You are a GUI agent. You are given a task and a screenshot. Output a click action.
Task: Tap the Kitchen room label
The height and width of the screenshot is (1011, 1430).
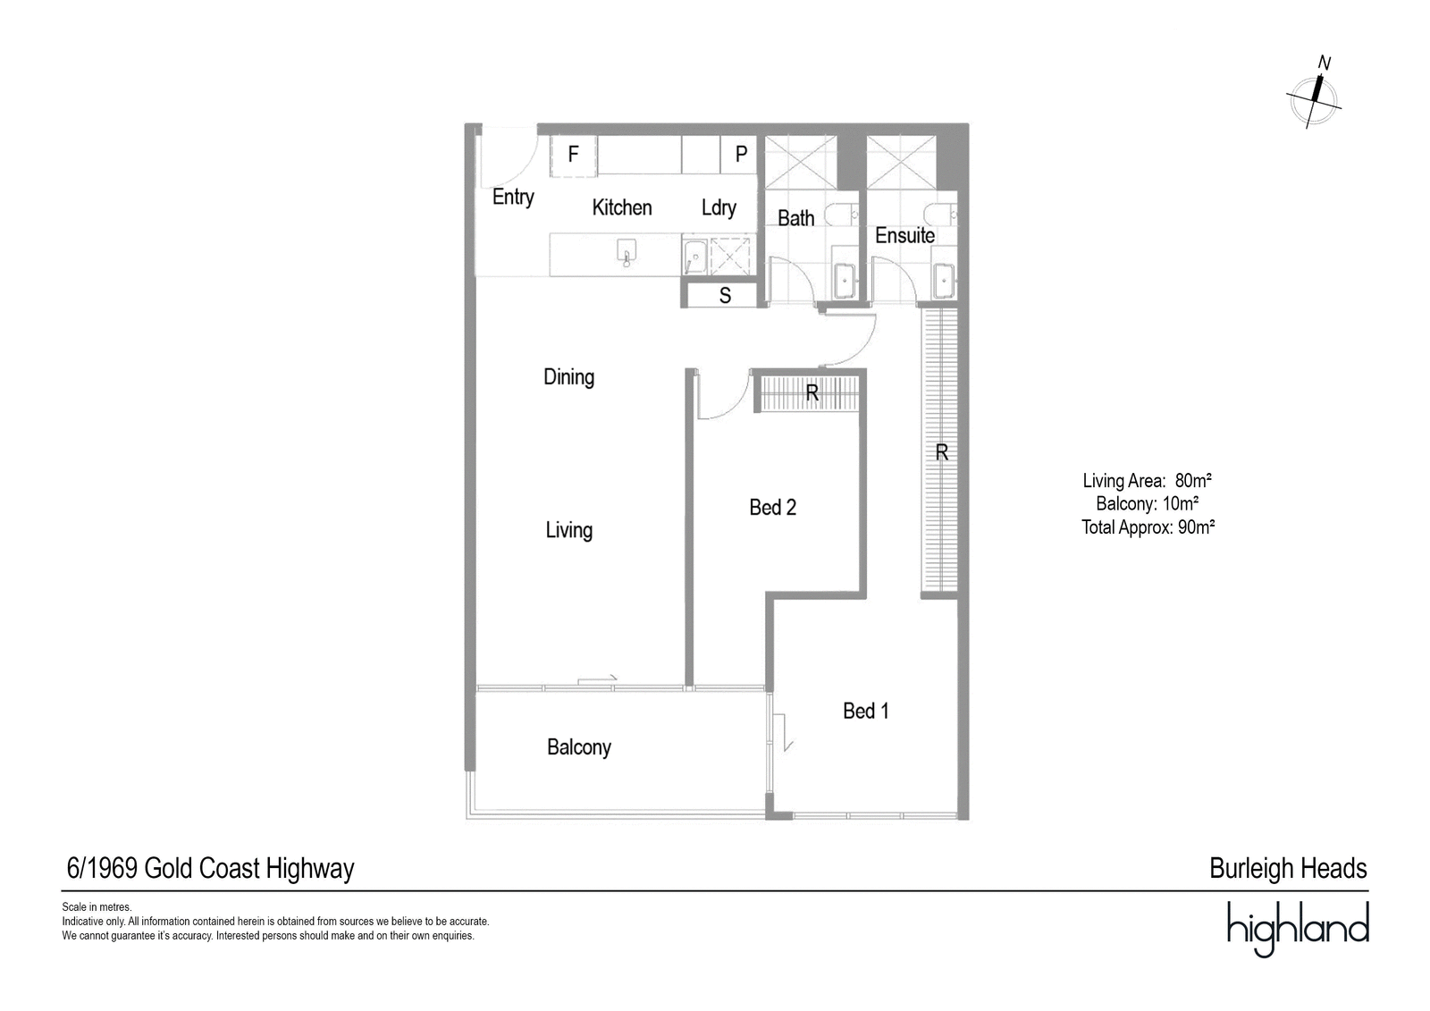[622, 207]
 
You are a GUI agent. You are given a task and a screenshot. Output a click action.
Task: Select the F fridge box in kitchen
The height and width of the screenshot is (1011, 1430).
[573, 156]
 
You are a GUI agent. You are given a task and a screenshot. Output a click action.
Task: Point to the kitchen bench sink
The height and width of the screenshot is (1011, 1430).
[627, 252]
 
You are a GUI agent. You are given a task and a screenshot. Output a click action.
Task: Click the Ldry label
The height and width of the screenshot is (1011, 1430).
[719, 207]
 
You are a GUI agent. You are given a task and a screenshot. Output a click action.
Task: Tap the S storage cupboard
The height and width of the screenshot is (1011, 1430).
[725, 295]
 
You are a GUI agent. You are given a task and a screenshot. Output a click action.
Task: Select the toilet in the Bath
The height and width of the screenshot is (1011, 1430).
[842, 215]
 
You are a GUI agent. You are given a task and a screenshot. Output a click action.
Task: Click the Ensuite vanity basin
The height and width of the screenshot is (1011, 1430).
[944, 280]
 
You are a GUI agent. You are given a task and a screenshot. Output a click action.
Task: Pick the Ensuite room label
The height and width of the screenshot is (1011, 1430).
[904, 236]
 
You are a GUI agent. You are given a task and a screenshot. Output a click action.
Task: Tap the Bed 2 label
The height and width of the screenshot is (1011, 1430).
[772, 507]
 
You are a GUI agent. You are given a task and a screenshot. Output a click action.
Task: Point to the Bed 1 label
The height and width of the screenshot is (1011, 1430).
[866, 711]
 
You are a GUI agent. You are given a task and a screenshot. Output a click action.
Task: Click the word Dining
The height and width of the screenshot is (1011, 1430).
[568, 377]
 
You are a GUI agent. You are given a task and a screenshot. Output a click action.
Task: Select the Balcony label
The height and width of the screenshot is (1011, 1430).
[579, 747]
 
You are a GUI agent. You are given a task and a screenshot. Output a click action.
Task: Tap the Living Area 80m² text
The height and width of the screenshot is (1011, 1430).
[1148, 480]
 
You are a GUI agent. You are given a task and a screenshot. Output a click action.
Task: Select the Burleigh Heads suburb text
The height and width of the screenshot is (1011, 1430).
[1288, 869]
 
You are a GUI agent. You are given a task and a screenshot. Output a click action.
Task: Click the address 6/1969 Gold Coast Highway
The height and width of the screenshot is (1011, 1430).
[210, 869]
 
